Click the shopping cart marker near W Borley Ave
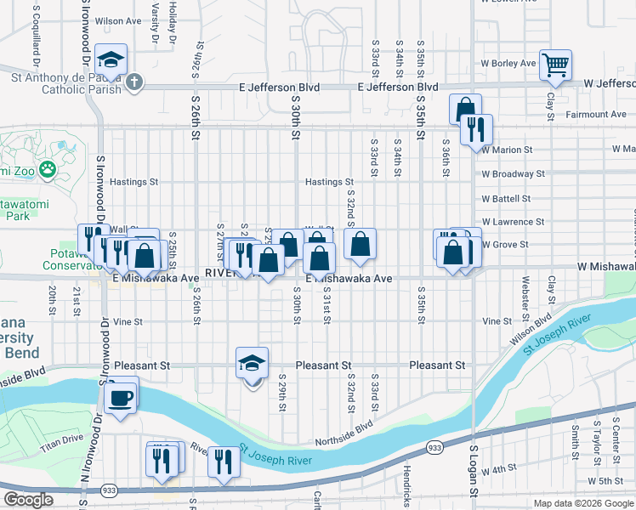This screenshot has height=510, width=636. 555,65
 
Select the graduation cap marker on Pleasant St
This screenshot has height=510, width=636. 252,364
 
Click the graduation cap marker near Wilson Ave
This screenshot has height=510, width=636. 111,60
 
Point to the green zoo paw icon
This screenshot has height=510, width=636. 48,169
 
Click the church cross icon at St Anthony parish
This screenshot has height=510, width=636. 135,82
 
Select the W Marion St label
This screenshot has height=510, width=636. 507,150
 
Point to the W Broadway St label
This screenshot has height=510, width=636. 512,173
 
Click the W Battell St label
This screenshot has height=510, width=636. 506,198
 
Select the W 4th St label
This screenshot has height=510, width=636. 499,469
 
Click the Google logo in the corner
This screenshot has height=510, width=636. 29,499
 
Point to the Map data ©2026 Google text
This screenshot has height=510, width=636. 584,503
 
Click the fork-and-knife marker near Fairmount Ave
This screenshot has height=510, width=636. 476,129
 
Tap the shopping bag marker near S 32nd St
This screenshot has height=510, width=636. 361,244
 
